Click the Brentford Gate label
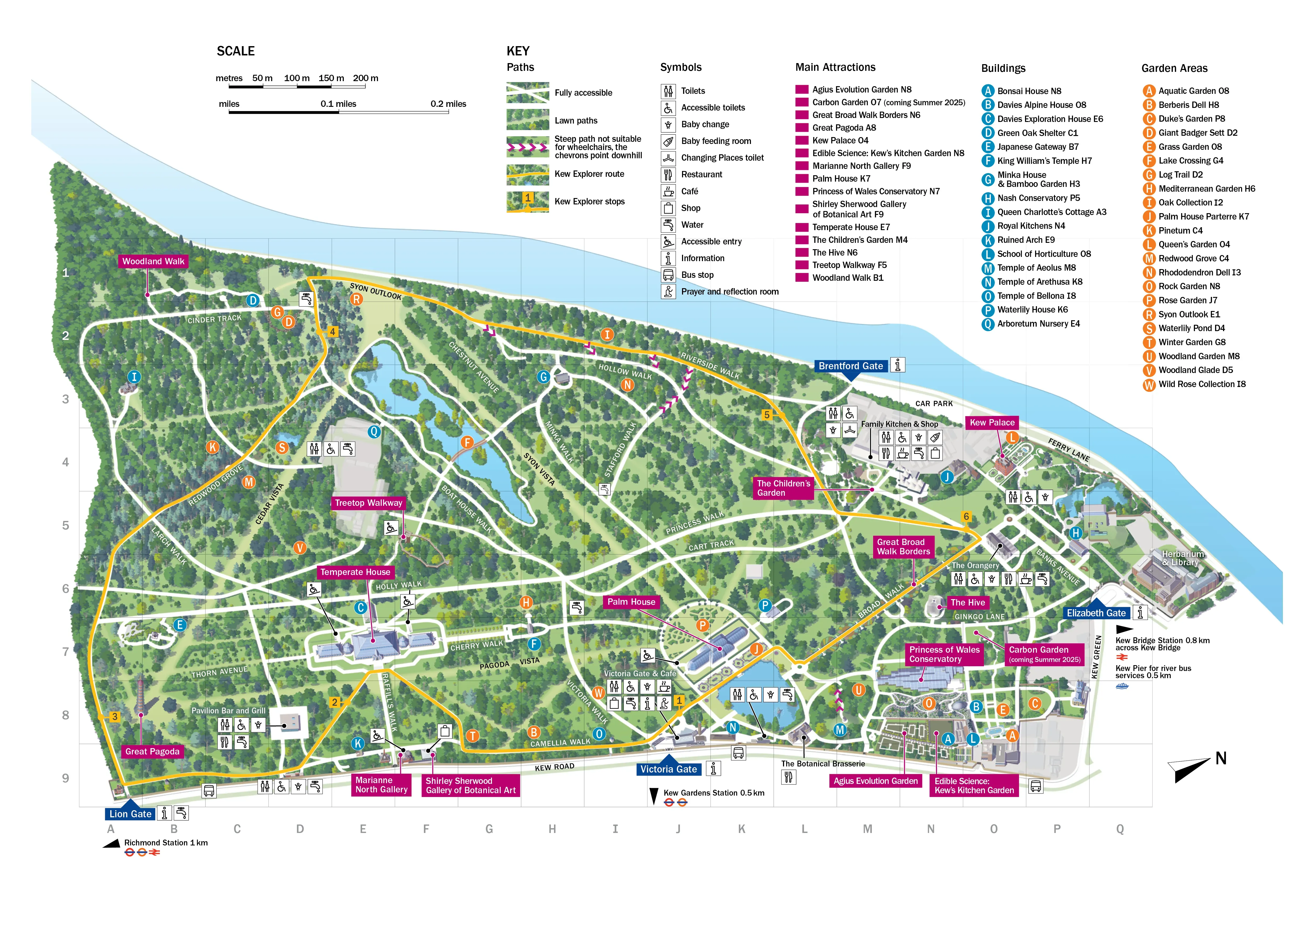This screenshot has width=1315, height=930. [x=851, y=366]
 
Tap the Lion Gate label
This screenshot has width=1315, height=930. [x=131, y=814]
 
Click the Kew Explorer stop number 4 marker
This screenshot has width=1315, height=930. [x=332, y=332]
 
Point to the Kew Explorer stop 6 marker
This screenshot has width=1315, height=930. [x=966, y=516]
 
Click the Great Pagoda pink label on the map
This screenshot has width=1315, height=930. [x=152, y=751]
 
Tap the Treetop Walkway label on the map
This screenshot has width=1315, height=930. [x=368, y=503]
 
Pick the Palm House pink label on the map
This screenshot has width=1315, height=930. [x=631, y=602]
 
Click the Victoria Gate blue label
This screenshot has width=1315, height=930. [x=669, y=769]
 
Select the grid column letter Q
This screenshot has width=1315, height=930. [x=1120, y=829]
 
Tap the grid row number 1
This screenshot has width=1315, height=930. [x=66, y=273]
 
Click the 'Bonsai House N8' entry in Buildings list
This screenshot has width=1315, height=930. [x=1029, y=91]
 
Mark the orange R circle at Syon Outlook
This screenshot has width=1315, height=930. [x=356, y=299]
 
